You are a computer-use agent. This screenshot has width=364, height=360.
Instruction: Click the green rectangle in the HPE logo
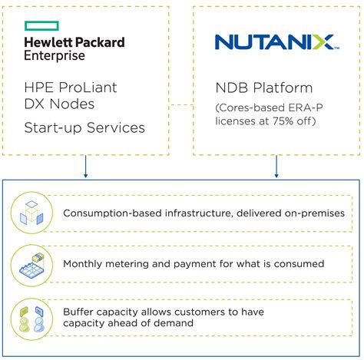(41, 26)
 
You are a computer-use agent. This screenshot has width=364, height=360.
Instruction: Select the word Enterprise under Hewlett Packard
(55, 56)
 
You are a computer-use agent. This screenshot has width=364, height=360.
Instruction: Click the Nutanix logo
(277, 42)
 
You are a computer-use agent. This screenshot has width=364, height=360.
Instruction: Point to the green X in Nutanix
(323, 42)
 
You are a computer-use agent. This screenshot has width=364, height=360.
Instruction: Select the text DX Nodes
(59, 104)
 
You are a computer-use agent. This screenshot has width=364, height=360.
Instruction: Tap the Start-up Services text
(84, 127)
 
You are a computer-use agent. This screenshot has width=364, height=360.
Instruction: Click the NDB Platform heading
(264, 88)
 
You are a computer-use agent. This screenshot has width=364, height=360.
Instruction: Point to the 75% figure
(283, 121)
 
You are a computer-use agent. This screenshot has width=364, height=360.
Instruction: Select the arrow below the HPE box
(85, 167)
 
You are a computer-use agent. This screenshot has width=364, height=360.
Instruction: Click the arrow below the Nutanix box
(276, 167)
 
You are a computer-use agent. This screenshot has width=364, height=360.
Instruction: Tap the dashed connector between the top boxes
(181, 104)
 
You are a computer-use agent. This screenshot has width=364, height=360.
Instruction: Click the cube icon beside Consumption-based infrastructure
(31, 213)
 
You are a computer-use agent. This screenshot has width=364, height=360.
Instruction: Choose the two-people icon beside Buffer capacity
(31, 319)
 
